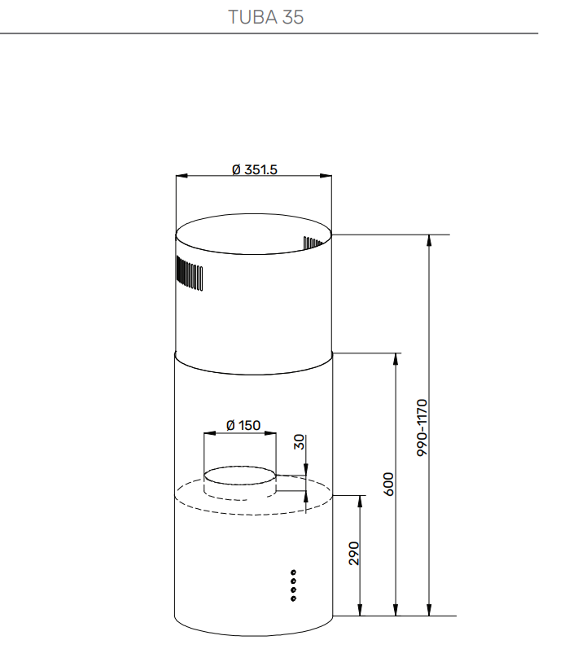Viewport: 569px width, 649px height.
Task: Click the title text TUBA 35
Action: (x=266, y=17)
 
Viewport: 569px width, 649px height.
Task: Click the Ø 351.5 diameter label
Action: (x=254, y=169)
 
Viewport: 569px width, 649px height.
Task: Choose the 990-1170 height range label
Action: (x=422, y=426)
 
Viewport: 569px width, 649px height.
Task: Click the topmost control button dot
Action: (x=293, y=571)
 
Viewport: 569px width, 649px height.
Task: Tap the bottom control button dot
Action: (x=293, y=599)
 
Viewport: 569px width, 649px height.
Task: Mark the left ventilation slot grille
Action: (x=189, y=274)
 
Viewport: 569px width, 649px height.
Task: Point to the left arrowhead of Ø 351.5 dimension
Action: (x=181, y=175)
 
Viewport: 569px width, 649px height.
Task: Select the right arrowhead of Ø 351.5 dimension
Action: (x=327, y=175)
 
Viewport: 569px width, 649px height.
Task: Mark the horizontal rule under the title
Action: (x=269, y=33)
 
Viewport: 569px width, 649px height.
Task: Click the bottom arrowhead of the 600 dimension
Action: (x=396, y=611)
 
